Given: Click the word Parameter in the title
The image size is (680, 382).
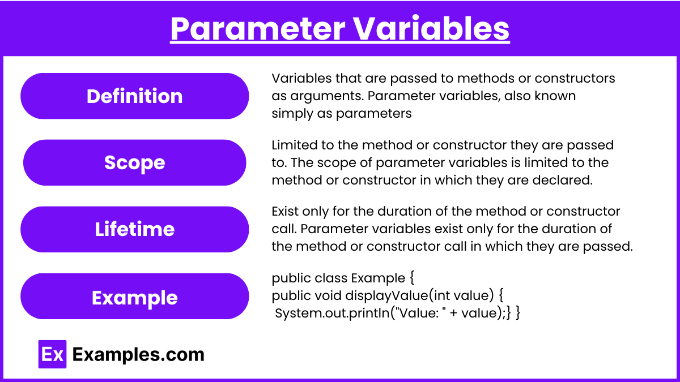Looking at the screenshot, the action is [258, 28].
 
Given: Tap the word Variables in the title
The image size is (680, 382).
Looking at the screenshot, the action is [431, 28].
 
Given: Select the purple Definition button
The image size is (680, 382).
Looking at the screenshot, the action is [134, 96].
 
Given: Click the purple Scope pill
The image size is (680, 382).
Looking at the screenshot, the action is [134, 162].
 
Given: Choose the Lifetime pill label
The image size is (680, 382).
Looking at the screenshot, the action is [134, 229].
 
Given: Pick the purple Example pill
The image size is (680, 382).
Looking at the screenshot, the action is [134, 296].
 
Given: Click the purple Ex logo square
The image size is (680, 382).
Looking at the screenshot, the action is [52, 354].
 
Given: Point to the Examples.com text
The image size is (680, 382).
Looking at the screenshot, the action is [138, 354].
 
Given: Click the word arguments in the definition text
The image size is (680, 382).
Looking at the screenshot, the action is [327, 96].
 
